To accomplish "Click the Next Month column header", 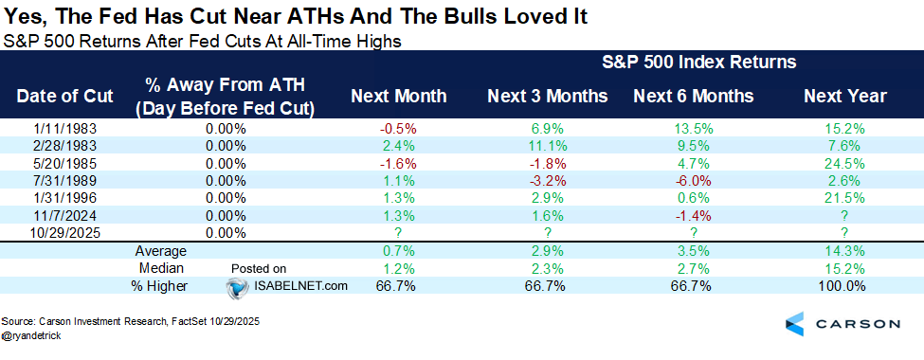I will tap(398, 96).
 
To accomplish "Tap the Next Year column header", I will tap(844, 96).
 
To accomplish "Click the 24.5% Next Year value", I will tap(845, 162).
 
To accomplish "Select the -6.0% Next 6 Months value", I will tap(693, 180).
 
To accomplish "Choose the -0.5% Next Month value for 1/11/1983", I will tap(398, 126).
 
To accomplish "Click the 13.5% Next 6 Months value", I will tap(693, 126).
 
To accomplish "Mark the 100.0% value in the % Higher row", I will tap(844, 286).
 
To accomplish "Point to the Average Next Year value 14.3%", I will tap(845, 251).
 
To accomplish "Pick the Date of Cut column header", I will tap(63, 96).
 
